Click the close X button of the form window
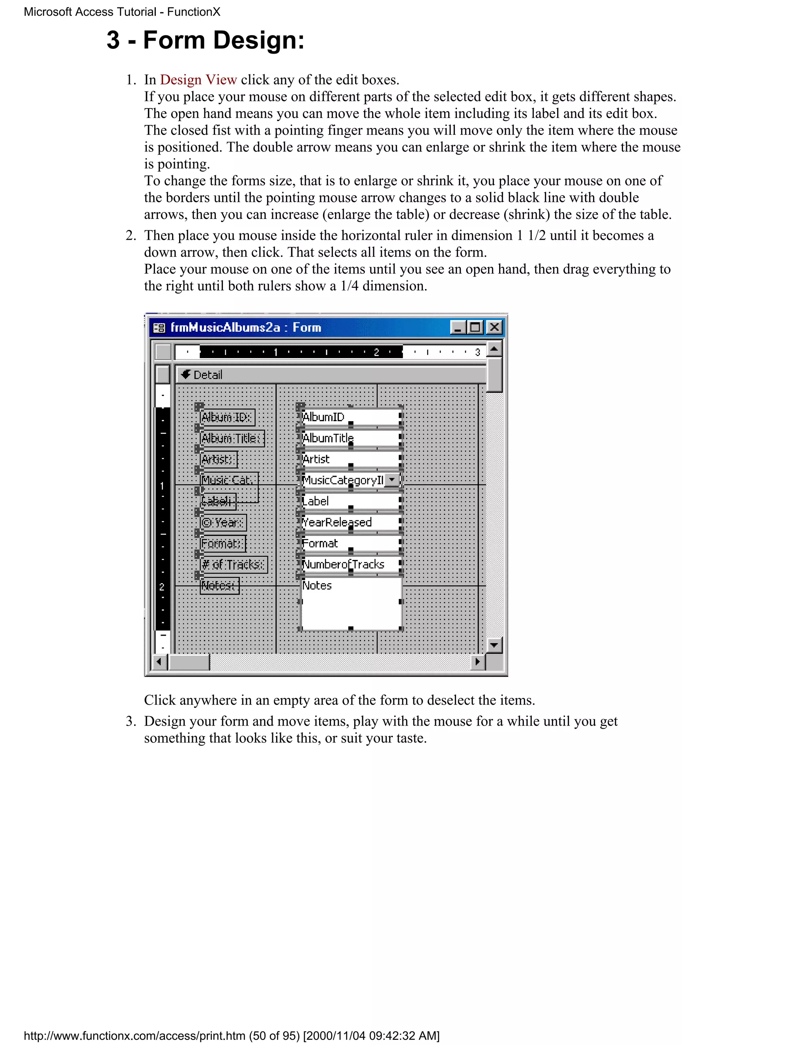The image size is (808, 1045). click(494, 327)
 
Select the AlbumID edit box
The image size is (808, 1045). click(351, 417)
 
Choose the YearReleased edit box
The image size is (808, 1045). click(351, 522)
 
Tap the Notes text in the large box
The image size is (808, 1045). click(317, 585)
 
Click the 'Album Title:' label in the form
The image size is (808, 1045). click(232, 438)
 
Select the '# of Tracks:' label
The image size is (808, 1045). click(233, 565)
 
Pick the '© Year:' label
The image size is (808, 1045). click(223, 522)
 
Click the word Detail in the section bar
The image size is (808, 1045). click(208, 375)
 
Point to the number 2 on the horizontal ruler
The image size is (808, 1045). click(376, 352)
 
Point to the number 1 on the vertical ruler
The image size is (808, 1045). click(162, 486)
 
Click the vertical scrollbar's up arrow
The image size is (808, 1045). click(494, 349)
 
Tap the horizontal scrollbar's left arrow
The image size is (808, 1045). click(159, 662)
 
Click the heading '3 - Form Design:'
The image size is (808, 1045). click(205, 40)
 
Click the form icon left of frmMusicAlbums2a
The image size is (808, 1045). click(159, 328)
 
